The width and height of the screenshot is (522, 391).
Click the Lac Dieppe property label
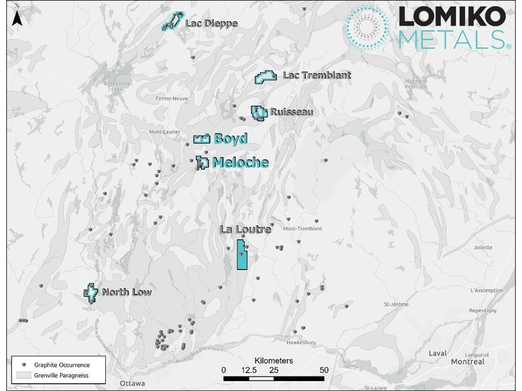[211, 24]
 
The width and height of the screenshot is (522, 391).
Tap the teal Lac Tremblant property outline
[265, 78]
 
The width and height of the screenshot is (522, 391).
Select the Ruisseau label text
[291, 112]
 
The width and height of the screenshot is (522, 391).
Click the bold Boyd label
[230, 139]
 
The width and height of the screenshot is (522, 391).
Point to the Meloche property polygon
[202, 162]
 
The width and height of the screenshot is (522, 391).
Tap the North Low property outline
[91, 292]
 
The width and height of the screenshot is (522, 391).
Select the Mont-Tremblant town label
[302, 229]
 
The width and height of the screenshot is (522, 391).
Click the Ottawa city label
[132, 383]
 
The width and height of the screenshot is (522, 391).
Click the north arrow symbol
[16, 17]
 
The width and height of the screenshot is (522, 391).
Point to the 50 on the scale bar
[324, 370]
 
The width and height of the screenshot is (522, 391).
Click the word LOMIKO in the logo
[452, 18]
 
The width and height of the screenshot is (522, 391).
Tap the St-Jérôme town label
[396, 304]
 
